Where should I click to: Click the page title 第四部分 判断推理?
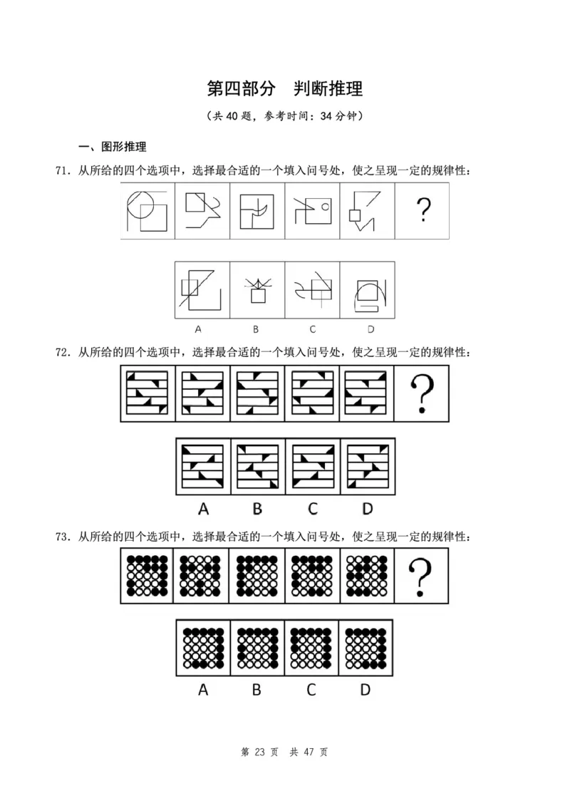pyautogui.click(x=284, y=88)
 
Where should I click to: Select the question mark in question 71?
pyautogui.click(x=423, y=210)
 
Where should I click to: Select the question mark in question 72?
pyautogui.click(x=423, y=393)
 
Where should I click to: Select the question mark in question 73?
pyautogui.click(x=423, y=577)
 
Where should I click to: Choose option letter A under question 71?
pyautogui.click(x=198, y=329)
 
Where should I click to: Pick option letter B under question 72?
pyautogui.click(x=257, y=509)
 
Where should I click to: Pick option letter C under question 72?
pyautogui.click(x=313, y=509)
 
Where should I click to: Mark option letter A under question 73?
pyautogui.click(x=203, y=690)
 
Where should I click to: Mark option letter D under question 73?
pyautogui.click(x=366, y=690)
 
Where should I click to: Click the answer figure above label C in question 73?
pyautogui.click(x=312, y=648)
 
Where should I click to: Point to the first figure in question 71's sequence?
pyautogui.click(x=147, y=210)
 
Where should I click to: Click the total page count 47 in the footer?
pyautogui.click(x=308, y=752)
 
